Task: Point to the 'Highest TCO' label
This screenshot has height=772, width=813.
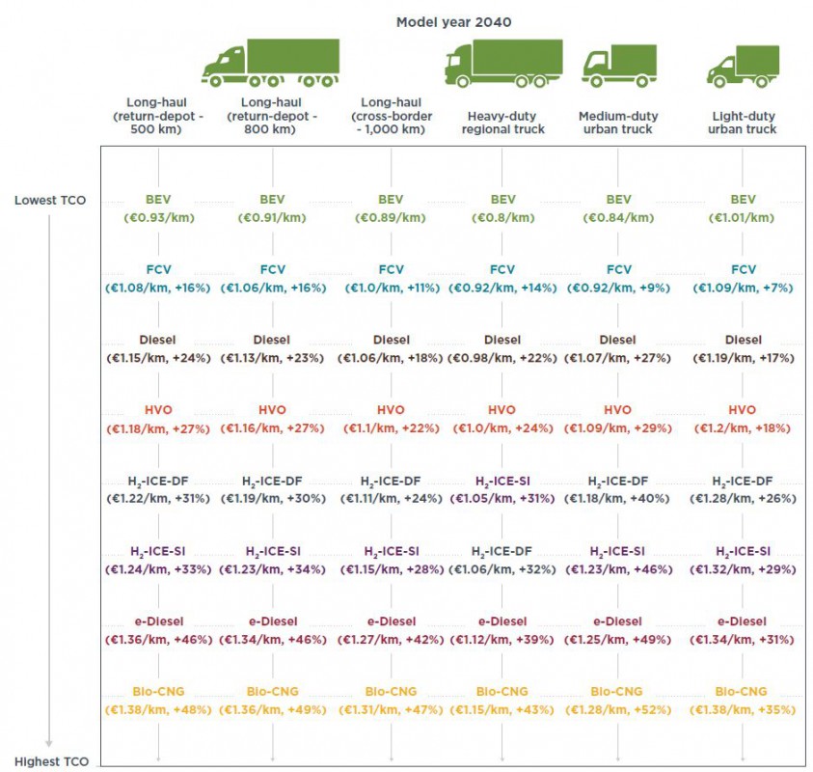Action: click(x=52, y=761)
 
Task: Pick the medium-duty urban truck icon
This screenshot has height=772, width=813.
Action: click(x=618, y=67)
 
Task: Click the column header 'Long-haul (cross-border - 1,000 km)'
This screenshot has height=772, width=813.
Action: click(x=391, y=116)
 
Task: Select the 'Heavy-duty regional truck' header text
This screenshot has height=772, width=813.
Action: click(x=505, y=123)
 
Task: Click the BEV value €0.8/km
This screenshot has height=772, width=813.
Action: click(x=502, y=217)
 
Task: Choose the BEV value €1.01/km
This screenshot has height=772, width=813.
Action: click(x=743, y=217)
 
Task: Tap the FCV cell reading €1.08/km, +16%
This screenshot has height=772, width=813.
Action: click(x=157, y=288)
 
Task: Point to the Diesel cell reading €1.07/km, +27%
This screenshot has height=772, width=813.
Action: click(x=618, y=358)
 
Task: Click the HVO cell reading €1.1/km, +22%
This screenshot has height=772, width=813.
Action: click(x=391, y=428)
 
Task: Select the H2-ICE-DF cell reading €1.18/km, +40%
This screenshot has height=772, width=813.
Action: click(x=618, y=499)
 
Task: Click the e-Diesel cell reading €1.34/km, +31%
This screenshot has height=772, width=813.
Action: click(x=743, y=640)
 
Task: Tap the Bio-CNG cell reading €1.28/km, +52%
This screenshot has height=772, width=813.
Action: click(x=618, y=710)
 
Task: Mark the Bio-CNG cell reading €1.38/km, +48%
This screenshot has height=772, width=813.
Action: click(x=157, y=710)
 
